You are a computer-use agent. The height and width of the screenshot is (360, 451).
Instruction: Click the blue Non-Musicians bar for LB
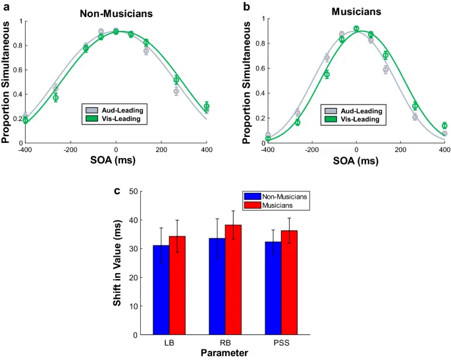click(x=161, y=290)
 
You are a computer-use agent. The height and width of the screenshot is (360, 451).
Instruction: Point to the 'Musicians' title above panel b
click(x=357, y=11)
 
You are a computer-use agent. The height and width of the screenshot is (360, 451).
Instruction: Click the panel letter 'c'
click(x=117, y=192)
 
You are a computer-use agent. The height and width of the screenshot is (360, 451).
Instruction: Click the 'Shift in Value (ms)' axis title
click(x=117, y=263)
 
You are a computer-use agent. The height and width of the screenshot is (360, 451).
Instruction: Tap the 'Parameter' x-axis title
click(x=225, y=353)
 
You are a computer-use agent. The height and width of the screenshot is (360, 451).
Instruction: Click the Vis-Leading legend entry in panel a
click(x=117, y=119)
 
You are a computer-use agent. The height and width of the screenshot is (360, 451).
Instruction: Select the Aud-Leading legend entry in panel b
click(x=356, y=111)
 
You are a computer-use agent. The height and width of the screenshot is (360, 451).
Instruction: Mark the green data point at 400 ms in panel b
click(x=445, y=126)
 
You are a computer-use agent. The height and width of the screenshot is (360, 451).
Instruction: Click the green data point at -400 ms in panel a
click(x=26, y=120)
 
